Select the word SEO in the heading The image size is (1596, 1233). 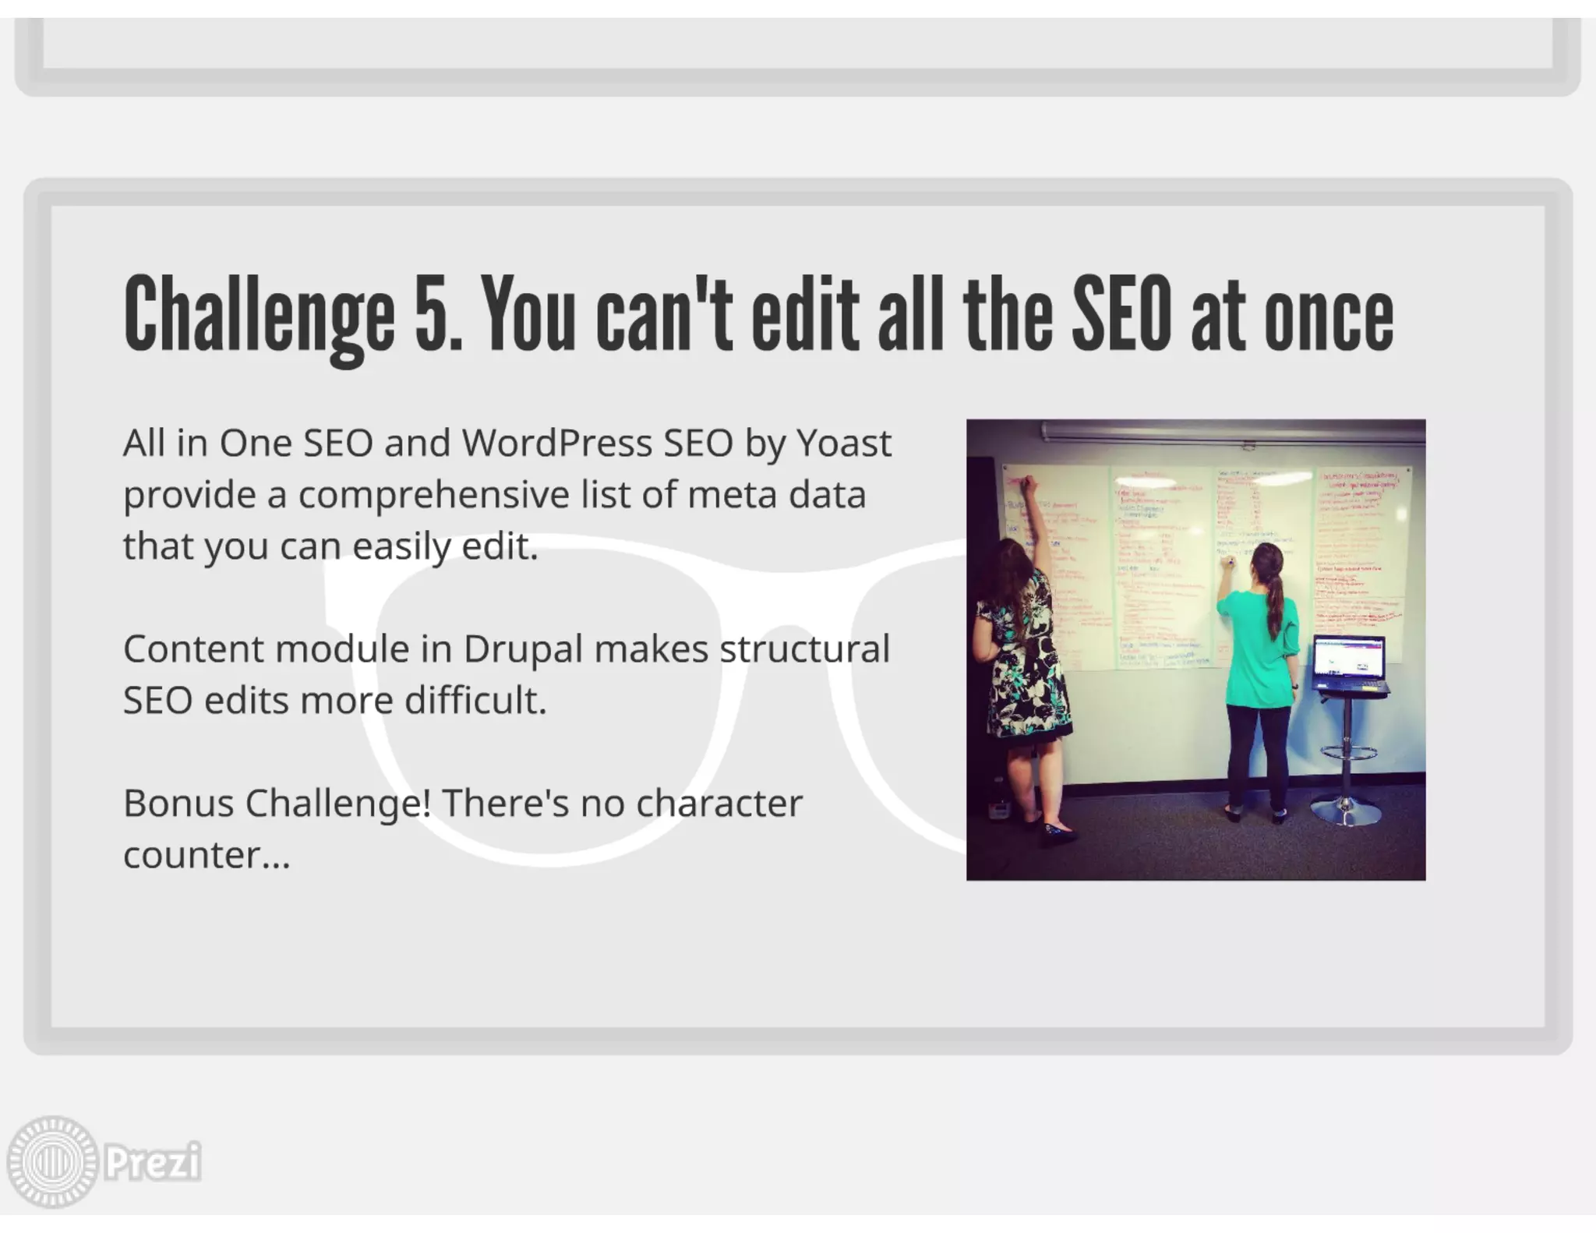pyautogui.click(x=1121, y=313)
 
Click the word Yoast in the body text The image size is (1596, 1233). pyautogui.click(x=843, y=443)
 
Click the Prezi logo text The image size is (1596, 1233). pyautogui.click(x=153, y=1162)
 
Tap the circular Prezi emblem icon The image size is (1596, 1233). pyautogui.click(x=52, y=1162)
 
